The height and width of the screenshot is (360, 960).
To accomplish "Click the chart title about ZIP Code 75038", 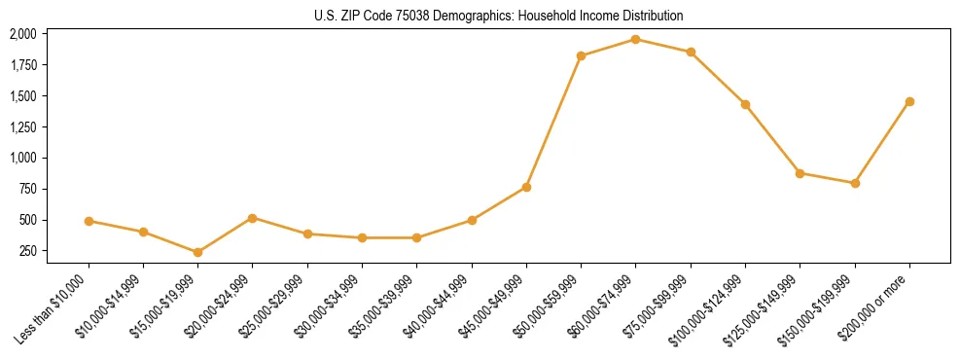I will [499, 16].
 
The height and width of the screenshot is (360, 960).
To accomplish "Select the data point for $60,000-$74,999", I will [635, 39].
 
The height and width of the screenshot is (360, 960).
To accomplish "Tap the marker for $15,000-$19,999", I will [197, 252].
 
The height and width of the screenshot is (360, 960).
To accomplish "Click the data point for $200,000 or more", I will [909, 101].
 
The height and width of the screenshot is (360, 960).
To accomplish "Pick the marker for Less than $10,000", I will [89, 221].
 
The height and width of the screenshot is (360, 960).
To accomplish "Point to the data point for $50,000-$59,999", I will [581, 55].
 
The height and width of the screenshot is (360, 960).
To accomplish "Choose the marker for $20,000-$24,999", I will [253, 218].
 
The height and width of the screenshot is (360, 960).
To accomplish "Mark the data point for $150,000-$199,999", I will [855, 183].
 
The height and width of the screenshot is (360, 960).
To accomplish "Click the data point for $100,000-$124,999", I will [745, 104].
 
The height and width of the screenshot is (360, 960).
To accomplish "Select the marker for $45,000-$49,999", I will [526, 187].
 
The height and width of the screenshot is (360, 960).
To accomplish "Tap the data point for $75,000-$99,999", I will [691, 52].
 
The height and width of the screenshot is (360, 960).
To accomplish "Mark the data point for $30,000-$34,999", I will [362, 237].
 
